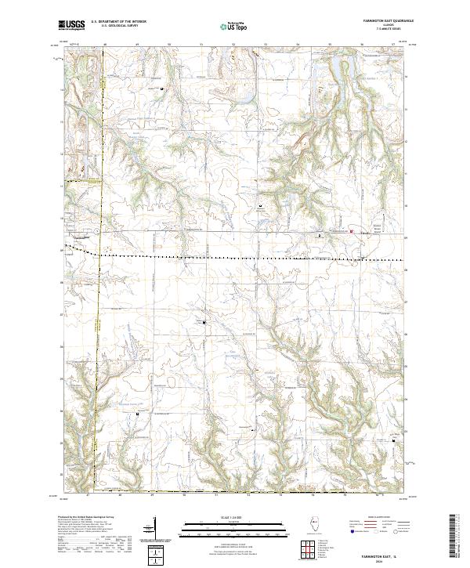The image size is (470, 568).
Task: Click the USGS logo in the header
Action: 71,25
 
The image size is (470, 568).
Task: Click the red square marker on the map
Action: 352,231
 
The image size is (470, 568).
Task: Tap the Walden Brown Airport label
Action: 369,231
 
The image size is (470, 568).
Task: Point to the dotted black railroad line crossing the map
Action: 235,257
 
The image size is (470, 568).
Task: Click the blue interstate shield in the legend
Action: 347,531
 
